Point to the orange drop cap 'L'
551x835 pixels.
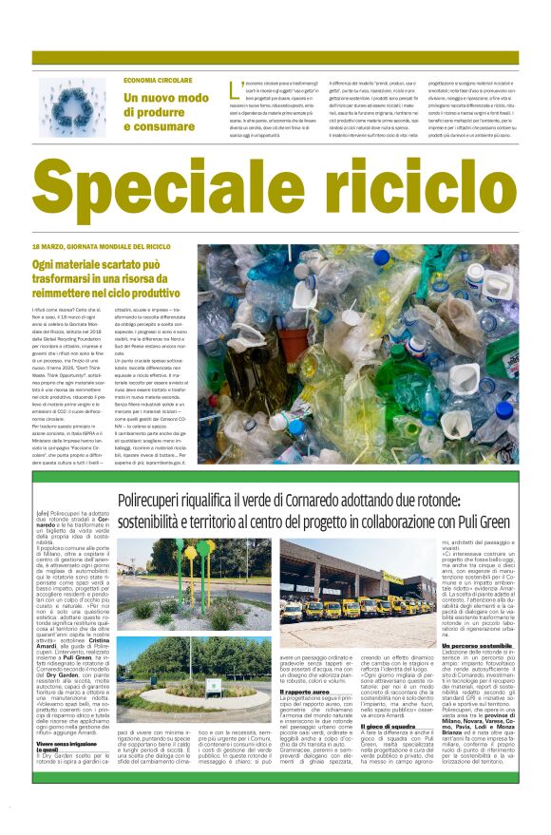pyautogui.click(x=234, y=87)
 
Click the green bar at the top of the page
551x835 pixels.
pyautogui.click(x=275, y=58)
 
